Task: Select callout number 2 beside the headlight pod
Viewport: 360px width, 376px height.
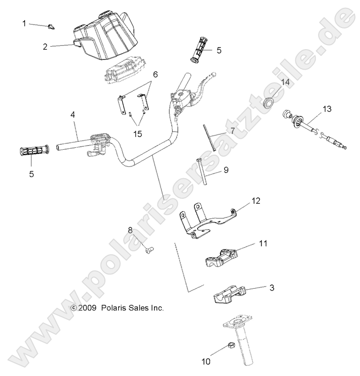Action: point(45,47)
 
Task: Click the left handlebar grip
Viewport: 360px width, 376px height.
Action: point(33,151)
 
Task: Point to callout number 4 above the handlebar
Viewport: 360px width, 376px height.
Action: point(73,114)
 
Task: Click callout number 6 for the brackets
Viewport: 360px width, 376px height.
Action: point(155,75)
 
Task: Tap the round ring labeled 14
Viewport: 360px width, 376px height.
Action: point(283,102)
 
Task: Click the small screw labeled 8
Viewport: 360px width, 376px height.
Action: point(149,250)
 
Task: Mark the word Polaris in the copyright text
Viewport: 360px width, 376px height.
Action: point(112,308)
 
